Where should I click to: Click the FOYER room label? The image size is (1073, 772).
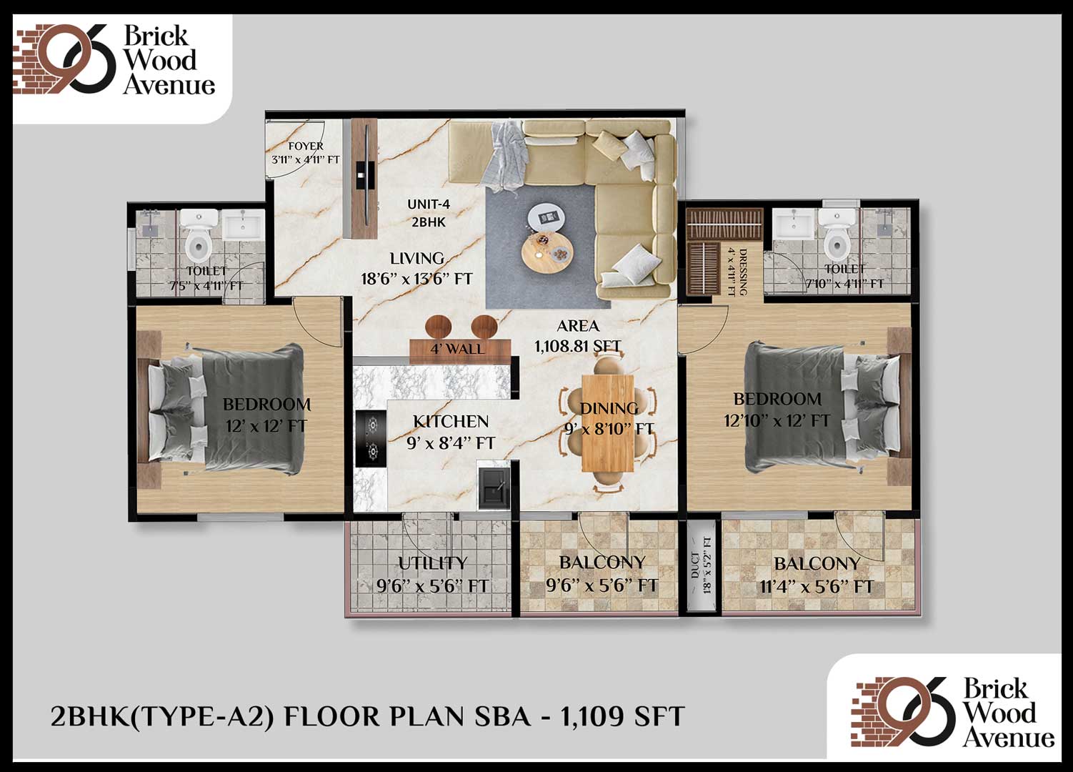click(306, 146)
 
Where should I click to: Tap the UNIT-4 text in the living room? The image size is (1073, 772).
click(429, 204)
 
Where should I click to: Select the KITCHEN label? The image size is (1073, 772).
click(451, 422)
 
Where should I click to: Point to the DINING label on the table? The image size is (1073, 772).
click(609, 408)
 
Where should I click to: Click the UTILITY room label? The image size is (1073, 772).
click(432, 563)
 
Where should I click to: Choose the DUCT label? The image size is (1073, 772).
click(695, 565)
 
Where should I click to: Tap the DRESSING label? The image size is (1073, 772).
click(742, 272)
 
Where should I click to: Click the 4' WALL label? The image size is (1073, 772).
click(457, 348)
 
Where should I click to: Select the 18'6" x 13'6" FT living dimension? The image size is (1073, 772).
click(416, 279)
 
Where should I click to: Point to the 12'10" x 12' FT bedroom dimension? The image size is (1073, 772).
click(777, 421)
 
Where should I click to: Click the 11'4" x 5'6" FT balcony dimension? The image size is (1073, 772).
click(817, 587)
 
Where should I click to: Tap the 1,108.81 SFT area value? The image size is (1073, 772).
click(577, 346)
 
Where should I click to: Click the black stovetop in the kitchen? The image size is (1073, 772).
click(371, 438)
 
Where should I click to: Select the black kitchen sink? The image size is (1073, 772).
click(493, 485)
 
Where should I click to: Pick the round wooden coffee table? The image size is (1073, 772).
click(547, 252)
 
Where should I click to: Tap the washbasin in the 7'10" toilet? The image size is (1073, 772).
click(794, 223)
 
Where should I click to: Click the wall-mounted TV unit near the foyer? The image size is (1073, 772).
click(364, 178)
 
